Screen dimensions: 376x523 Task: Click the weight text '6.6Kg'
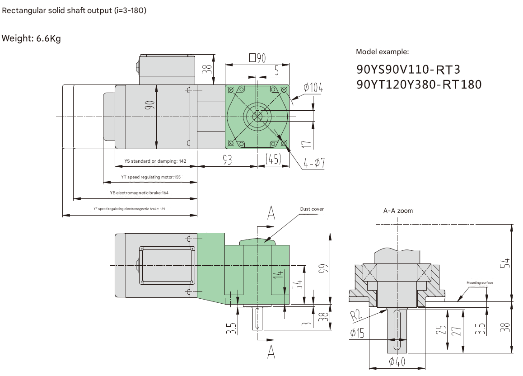tap(48, 38)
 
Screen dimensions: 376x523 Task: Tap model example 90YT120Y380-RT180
tap(419, 85)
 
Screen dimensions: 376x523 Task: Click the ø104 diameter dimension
tap(313, 88)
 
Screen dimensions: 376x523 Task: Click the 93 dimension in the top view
tap(227, 160)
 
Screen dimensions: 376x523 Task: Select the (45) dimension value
tap(273, 160)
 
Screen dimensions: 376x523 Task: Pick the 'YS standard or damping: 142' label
tap(155, 161)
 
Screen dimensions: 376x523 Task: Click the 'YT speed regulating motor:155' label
tap(150, 177)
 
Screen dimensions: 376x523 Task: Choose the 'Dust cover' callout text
tap(312, 209)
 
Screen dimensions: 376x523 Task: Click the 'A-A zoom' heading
tap(398, 211)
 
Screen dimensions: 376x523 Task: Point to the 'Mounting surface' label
tap(480, 283)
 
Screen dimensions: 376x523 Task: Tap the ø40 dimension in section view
tap(397, 362)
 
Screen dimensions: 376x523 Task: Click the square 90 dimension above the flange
tap(257, 58)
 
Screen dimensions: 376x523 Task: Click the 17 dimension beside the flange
tap(306, 144)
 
